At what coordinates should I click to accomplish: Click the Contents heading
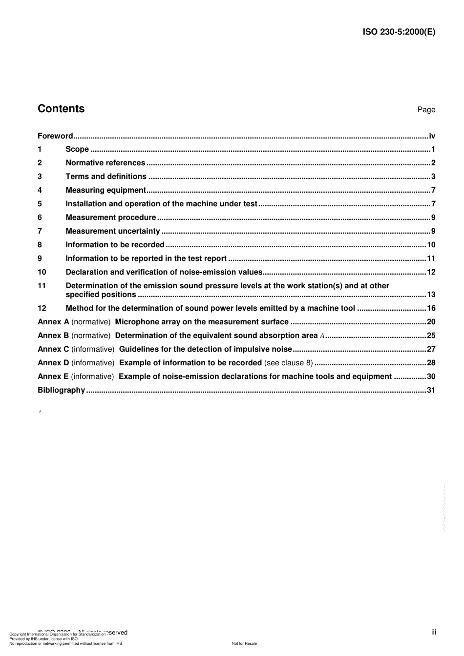(61, 109)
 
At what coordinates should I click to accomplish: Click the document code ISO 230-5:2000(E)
(399, 32)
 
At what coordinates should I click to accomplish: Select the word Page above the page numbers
(426, 110)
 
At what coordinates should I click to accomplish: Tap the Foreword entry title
(55, 136)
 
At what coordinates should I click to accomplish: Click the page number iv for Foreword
(432, 136)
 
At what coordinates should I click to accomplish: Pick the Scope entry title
(77, 149)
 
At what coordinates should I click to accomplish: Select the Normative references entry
(105, 163)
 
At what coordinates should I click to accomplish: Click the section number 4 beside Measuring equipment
(40, 190)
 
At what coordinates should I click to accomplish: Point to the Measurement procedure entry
(111, 218)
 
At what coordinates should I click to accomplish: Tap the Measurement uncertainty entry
(113, 231)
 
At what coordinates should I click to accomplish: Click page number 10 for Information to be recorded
(431, 245)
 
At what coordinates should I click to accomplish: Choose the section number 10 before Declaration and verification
(42, 272)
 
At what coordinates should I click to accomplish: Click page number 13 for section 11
(431, 295)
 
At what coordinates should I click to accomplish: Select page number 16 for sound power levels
(431, 308)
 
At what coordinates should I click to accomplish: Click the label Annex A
(53, 322)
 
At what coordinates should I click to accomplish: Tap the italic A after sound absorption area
(322, 336)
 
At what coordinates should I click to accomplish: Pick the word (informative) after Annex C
(93, 349)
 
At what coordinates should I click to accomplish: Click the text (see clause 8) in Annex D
(288, 363)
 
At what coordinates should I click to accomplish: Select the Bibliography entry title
(62, 390)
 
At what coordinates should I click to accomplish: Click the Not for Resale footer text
(244, 643)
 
